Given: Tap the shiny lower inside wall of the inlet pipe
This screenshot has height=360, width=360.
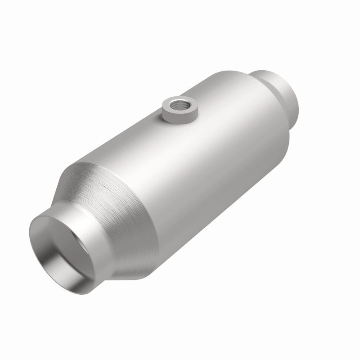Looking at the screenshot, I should click(67, 274).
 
